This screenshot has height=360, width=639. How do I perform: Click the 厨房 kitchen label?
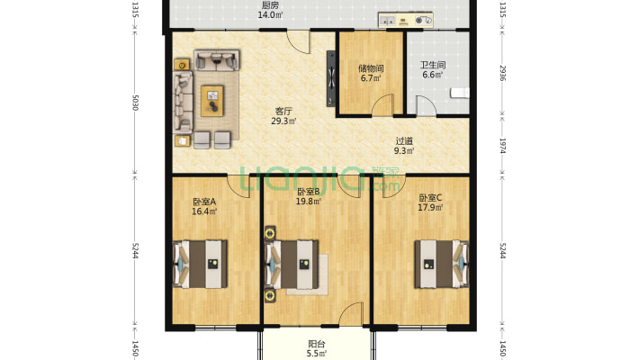(x=271, y=5)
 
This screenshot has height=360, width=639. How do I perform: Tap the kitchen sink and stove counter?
(x=406, y=20)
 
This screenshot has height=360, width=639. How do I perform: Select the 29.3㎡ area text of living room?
(x=283, y=121)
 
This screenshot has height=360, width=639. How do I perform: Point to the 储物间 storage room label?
(x=371, y=68)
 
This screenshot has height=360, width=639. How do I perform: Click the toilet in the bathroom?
(x=460, y=93)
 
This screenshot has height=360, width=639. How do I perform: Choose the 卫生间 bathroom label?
(x=433, y=65)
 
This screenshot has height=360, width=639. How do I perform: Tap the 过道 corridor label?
(x=404, y=141)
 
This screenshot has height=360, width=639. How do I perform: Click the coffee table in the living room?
(x=212, y=101)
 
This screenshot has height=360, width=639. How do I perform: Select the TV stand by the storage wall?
(x=332, y=78)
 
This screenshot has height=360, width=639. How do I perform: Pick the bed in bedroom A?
(x=201, y=265)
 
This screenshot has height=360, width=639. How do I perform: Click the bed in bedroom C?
(x=442, y=265)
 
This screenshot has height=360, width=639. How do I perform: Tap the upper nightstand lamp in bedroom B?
(x=270, y=234)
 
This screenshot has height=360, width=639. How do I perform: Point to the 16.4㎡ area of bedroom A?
(x=204, y=211)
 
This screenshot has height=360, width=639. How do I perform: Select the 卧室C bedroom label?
(x=430, y=198)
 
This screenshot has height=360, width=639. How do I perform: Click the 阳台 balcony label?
(x=317, y=344)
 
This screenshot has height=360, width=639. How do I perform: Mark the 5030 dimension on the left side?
(x=136, y=103)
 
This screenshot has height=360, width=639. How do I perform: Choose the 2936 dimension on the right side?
(x=503, y=73)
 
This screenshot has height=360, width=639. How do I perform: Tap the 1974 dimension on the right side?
(x=503, y=146)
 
